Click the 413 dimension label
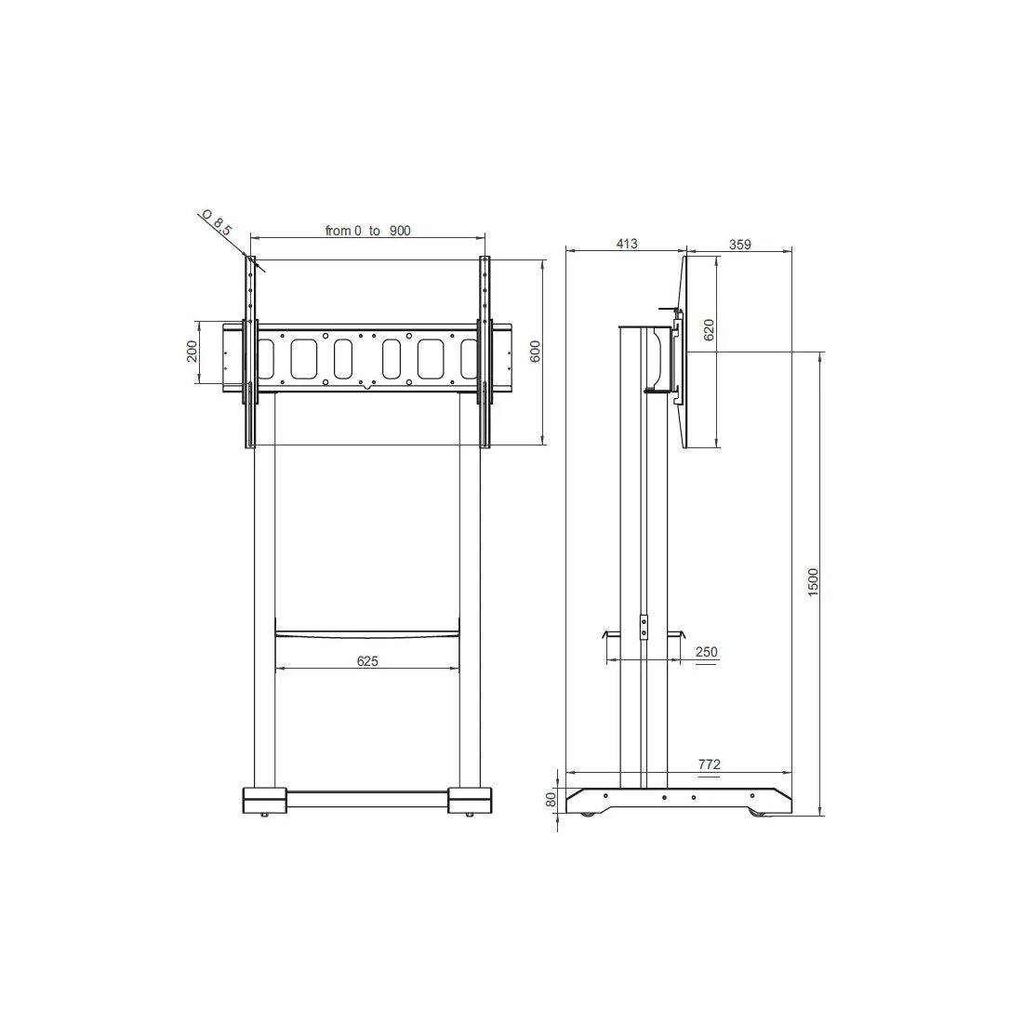(626, 244)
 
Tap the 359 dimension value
(740, 245)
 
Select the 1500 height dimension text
(813, 582)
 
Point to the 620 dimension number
(710, 329)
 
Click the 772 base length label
(710, 764)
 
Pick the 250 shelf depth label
(707, 652)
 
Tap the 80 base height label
(551, 799)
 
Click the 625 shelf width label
(367, 661)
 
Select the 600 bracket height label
(536, 352)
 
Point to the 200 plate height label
(192, 352)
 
